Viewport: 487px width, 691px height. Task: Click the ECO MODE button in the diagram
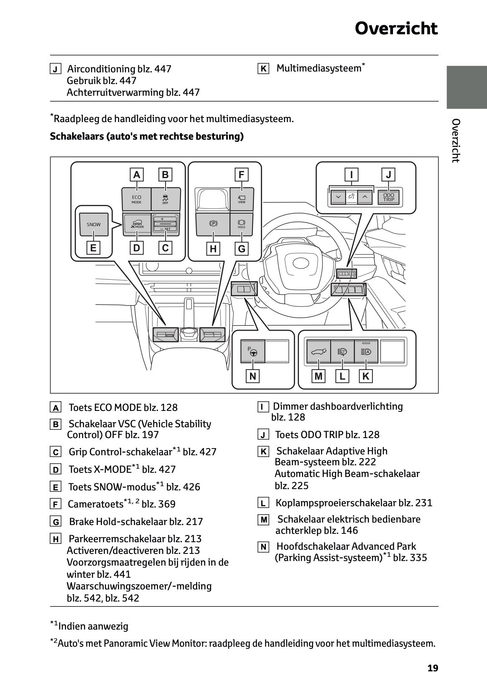pos(136,199)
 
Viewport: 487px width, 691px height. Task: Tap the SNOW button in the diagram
pos(94,224)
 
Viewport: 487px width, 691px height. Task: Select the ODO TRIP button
pos(388,197)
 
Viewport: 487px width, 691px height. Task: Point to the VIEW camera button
pos(242,199)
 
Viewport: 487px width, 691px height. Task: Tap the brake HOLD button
pos(242,224)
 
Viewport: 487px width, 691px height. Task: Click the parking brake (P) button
pos(213,224)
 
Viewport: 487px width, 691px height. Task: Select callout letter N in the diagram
pos(252,376)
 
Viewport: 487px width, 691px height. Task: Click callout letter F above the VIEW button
pos(241,174)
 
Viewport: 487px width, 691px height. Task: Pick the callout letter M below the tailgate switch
pos(319,376)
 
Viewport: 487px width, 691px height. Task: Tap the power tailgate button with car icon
pos(319,352)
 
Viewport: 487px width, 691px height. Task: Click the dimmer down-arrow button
pos(338,197)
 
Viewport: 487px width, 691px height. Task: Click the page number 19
pos(433,668)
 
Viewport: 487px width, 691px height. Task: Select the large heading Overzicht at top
pos(396,28)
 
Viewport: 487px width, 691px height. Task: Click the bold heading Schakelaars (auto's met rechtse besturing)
pos(147,136)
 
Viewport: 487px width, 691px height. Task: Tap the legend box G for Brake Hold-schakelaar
pos(55,522)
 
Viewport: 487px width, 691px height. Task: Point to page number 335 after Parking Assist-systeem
pos(418,558)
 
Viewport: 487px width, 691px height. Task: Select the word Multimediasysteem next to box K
pos(319,68)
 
